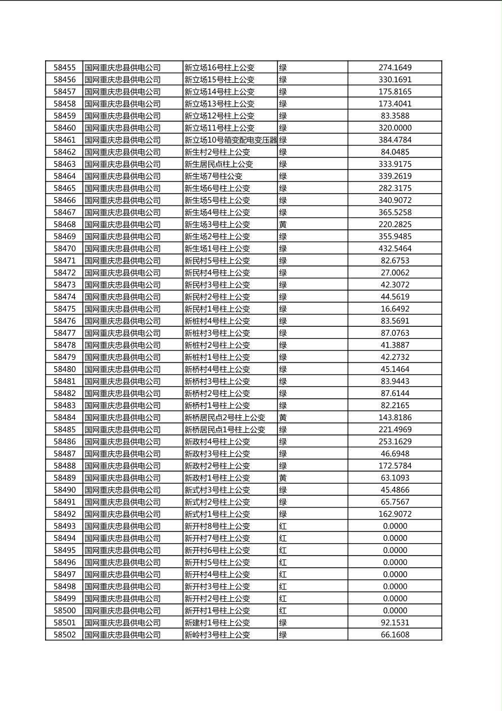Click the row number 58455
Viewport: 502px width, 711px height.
click(x=64, y=68)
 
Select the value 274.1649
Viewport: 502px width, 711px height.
click(x=395, y=68)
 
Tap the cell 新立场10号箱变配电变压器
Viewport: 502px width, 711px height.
click(x=231, y=140)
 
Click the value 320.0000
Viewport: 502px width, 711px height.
click(x=395, y=128)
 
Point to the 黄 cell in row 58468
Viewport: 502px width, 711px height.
click(x=283, y=224)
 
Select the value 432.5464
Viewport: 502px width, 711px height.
click(x=395, y=248)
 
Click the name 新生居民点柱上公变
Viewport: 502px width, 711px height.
click(x=219, y=164)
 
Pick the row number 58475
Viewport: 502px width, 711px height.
click(x=64, y=309)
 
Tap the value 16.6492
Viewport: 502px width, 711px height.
click(x=395, y=309)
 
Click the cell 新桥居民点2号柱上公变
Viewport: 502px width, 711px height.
click(x=225, y=417)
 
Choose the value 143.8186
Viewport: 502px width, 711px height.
click(x=395, y=417)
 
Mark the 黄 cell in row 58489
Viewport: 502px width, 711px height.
click(x=283, y=478)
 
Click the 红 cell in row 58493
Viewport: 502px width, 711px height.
click(x=283, y=526)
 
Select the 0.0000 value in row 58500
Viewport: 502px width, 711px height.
click(x=395, y=611)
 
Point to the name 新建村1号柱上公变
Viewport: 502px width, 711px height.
click(x=217, y=623)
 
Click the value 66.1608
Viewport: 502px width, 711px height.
click(x=395, y=635)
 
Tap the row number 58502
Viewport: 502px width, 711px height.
click(x=64, y=635)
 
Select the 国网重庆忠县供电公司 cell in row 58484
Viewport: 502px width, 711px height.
click(x=123, y=417)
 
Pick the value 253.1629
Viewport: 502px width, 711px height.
click(x=395, y=442)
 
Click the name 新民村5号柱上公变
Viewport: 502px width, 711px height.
click(x=217, y=261)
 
